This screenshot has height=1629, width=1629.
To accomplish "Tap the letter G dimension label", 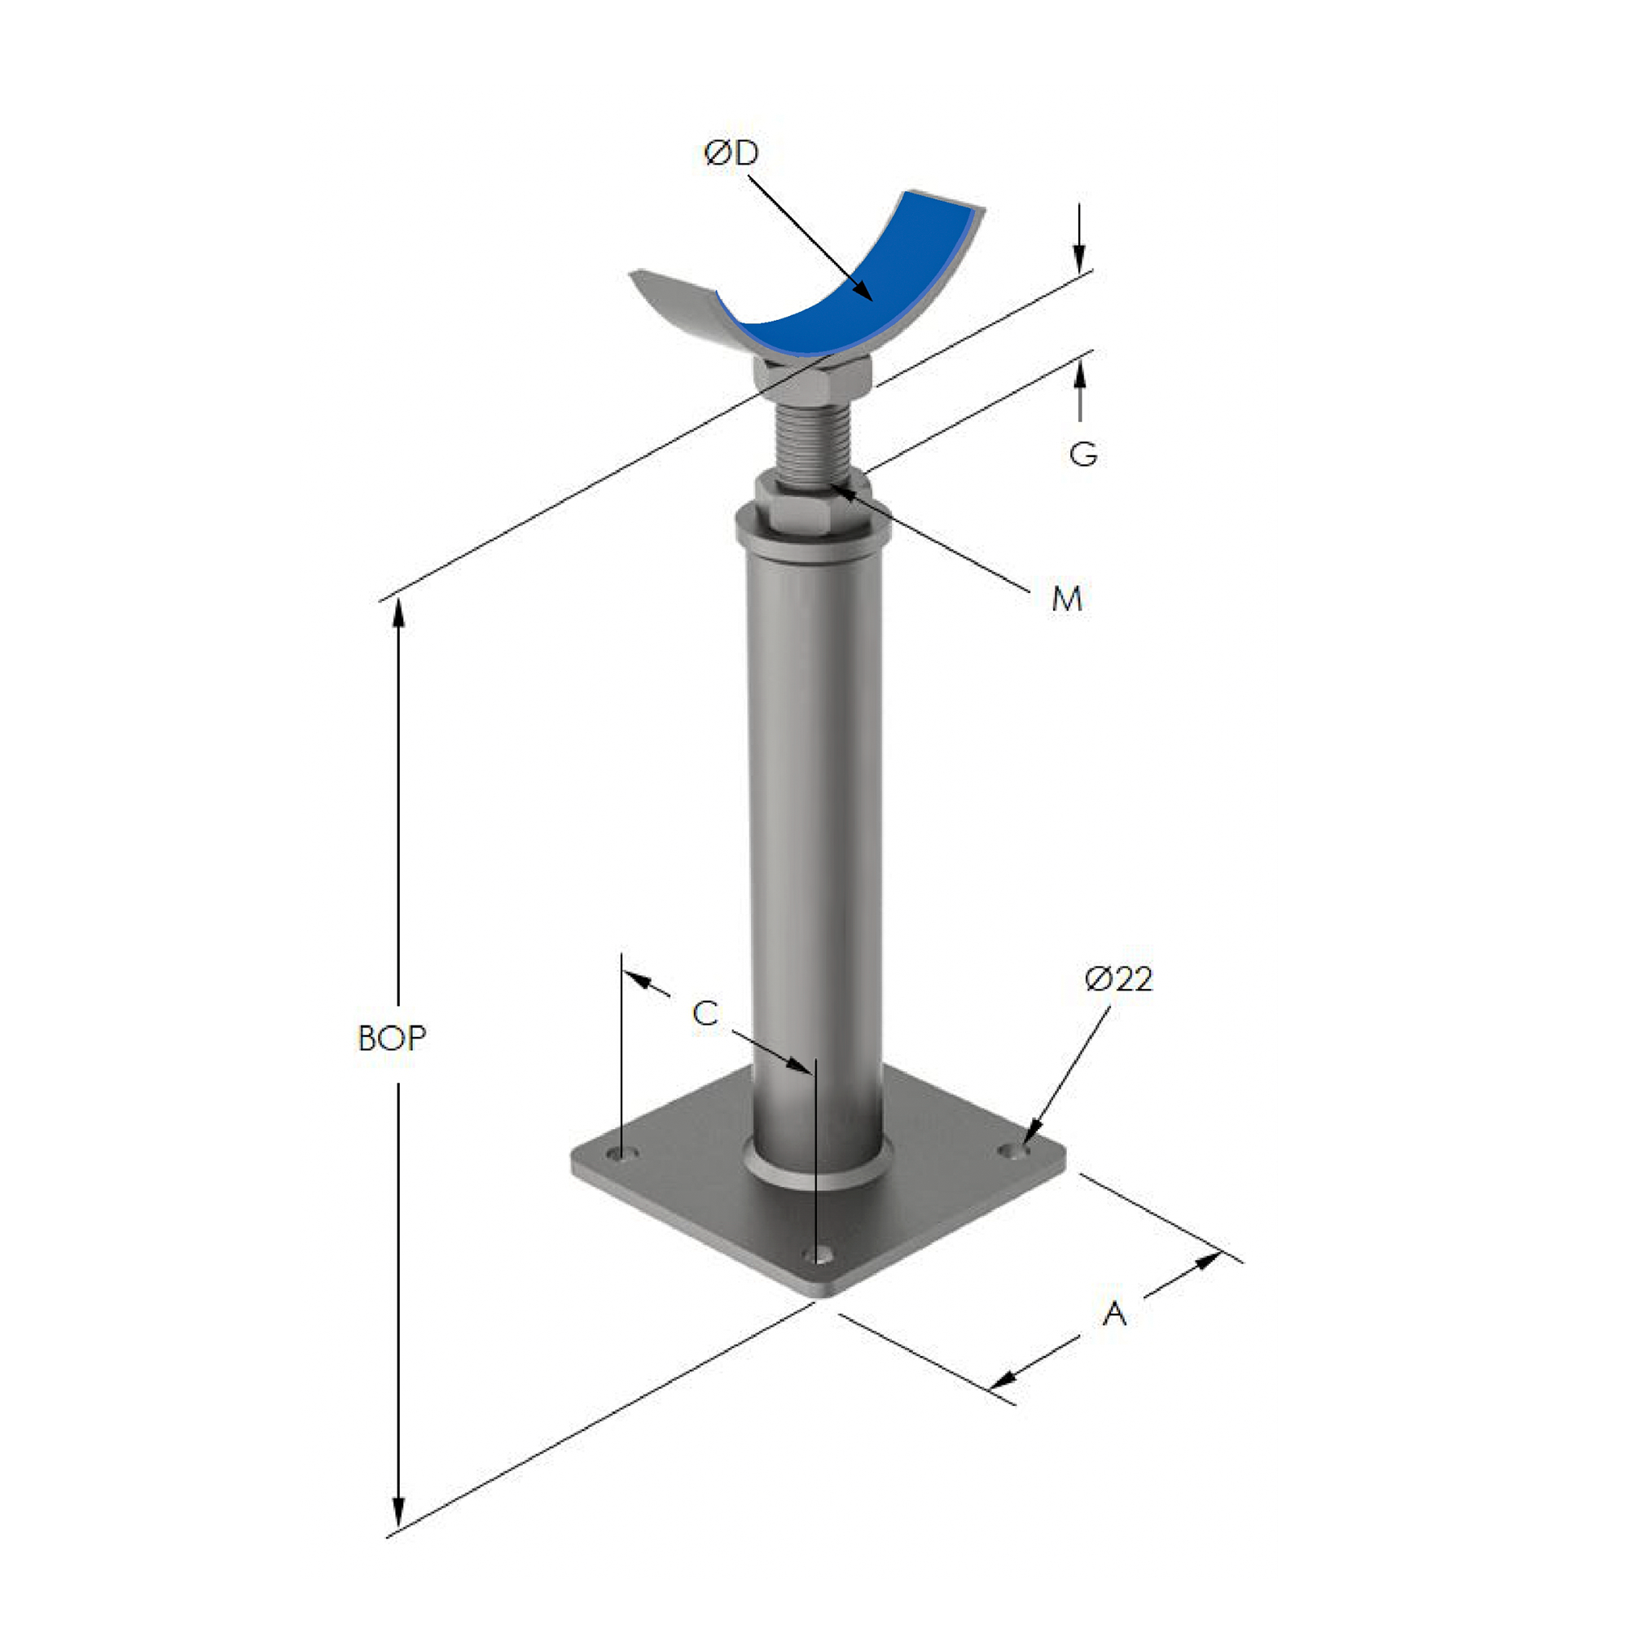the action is tap(1082, 454).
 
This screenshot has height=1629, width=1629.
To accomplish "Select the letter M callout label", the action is tap(1067, 599).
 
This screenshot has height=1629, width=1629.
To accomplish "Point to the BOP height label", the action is tap(392, 1038).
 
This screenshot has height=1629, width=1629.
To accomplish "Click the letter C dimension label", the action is tap(704, 1012).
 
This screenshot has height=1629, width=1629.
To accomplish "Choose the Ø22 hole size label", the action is tap(1118, 979).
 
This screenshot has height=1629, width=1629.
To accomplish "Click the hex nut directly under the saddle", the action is tap(811, 378).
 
